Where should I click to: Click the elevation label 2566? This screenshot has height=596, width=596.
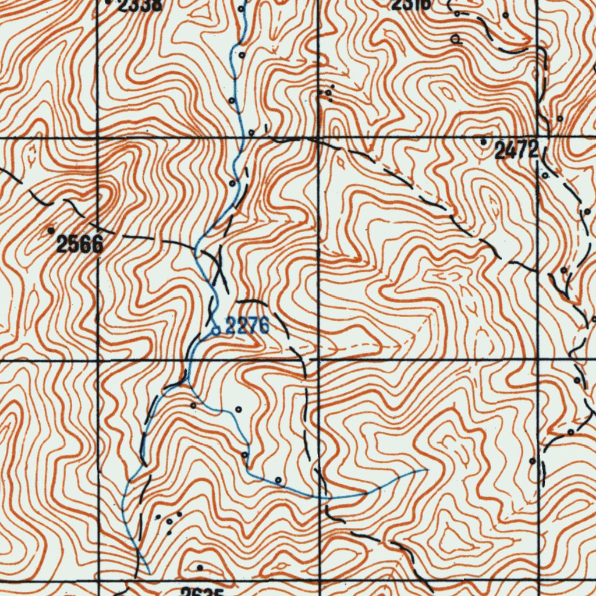click(x=80, y=244)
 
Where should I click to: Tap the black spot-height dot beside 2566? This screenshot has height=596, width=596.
click(x=51, y=231)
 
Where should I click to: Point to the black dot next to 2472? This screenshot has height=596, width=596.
click(x=483, y=141)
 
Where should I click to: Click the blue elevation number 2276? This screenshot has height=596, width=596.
click(x=247, y=327)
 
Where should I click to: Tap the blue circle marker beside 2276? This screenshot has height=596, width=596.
click(x=215, y=331)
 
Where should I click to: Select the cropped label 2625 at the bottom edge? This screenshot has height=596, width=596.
click(x=202, y=592)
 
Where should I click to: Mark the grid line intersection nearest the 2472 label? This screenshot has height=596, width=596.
click(x=537, y=138)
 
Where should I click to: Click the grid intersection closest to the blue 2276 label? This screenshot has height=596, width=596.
click(x=319, y=360)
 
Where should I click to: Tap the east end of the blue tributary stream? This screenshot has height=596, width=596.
click(x=427, y=469)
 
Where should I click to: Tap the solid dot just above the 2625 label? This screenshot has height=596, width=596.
click(x=200, y=567)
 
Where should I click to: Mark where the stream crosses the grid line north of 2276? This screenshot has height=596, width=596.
click(x=239, y=138)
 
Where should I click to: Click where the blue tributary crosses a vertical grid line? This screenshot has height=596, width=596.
click(x=320, y=498)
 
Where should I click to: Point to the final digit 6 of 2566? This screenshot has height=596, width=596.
click(x=97, y=244)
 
